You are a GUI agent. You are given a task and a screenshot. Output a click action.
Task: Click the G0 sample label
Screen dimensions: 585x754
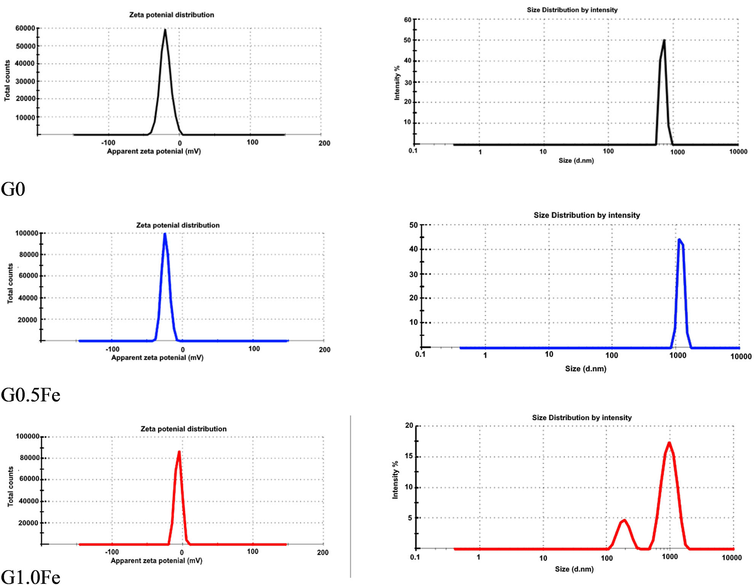[x=13, y=189]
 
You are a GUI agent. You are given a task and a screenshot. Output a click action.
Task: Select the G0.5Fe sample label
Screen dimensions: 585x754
[x=30, y=395]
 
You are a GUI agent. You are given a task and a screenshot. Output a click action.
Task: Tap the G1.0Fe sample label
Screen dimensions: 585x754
[x=30, y=577]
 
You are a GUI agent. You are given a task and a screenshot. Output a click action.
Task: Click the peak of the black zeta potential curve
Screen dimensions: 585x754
[x=165, y=30]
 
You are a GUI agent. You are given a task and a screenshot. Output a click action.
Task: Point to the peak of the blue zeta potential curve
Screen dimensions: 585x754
[x=165, y=234]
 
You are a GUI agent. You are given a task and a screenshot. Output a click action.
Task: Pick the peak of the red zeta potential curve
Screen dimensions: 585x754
[x=179, y=452]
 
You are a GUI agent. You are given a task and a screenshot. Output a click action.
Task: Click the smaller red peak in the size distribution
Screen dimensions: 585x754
[x=624, y=520]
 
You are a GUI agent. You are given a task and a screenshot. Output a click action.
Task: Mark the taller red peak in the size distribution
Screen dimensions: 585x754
[x=669, y=442]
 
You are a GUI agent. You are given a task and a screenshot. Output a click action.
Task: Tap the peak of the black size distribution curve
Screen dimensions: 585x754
[x=664, y=40]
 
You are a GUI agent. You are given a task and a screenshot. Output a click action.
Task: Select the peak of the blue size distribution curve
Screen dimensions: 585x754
[x=679, y=240]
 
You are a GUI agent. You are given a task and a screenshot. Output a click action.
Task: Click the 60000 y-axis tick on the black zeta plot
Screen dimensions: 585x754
[x=25, y=28]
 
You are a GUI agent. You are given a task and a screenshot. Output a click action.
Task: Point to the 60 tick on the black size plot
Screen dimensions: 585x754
[x=408, y=19]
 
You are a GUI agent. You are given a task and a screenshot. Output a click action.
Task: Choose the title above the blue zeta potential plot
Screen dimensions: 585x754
[x=178, y=225]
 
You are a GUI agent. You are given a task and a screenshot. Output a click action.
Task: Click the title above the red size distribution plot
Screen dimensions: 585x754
[x=582, y=417]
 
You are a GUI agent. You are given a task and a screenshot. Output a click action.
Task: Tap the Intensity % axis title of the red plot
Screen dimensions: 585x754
[x=395, y=480]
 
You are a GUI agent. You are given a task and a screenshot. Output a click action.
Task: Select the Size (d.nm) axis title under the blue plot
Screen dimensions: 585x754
[x=586, y=369]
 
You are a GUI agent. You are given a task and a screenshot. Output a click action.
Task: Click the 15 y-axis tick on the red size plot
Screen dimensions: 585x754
[x=409, y=456]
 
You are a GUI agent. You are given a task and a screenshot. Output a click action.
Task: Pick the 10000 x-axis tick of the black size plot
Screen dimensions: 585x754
[x=738, y=152]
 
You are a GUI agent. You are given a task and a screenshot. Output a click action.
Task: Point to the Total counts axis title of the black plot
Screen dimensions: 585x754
[x=7, y=81]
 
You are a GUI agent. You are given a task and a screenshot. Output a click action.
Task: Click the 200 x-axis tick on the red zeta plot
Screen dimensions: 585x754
[x=323, y=552]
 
